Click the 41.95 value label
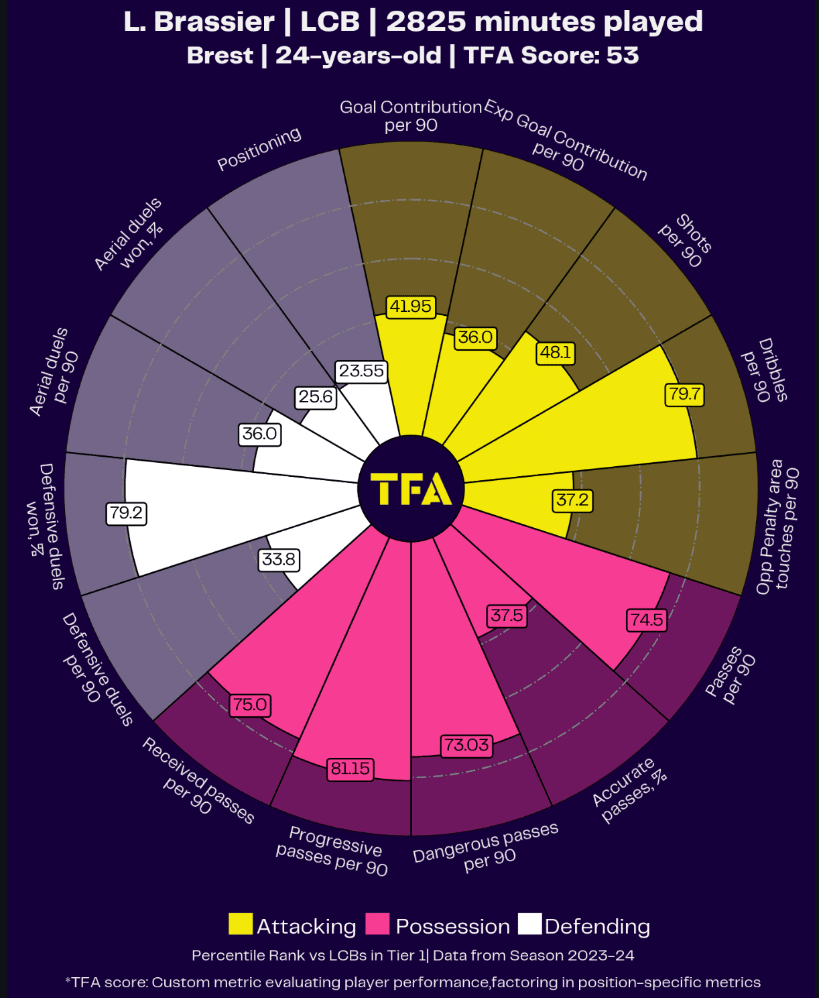tap(411, 307)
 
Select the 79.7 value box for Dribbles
tap(684, 394)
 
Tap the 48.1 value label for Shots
tap(556, 353)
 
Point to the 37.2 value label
tap(572, 500)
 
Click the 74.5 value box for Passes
tap(646, 620)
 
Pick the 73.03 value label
tap(466, 745)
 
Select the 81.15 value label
tap(351, 769)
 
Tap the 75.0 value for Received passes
tap(250, 705)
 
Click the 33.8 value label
tap(278, 559)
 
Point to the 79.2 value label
tap(126, 513)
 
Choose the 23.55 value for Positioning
tap(361, 371)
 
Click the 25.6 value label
tap(315, 397)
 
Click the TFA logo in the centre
tap(410, 489)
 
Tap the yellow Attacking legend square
tap(241, 924)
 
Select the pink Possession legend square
tap(377, 924)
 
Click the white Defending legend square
tap(529, 924)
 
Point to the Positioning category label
tap(259, 149)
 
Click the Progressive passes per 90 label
tap(332, 850)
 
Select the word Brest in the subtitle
tap(220, 56)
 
